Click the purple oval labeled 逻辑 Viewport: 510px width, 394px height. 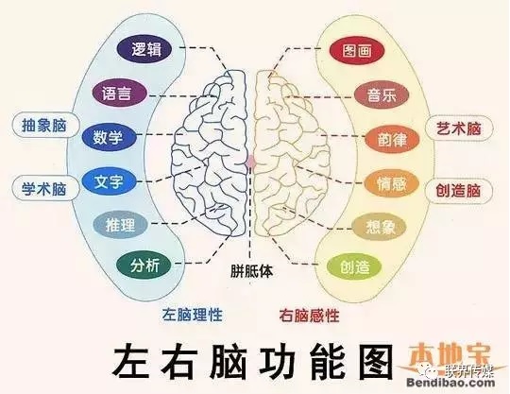pyautogui.click(x=144, y=49)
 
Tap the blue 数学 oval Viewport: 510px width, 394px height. pyautogui.click(x=109, y=138)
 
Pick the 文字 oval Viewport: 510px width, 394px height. pyautogui.click(x=109, y=181)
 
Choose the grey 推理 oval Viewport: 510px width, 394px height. pyautogui.click(x=120, y=225)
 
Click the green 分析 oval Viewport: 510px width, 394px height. pyautogui.click(x=144, y=266)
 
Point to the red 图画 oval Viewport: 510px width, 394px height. pyautogui.click(x=357, y=51)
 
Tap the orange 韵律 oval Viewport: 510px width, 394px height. pyautogui.click(x=392, y=140)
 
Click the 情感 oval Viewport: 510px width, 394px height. pyautogui.click(x=391, y=184)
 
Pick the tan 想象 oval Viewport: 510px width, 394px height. pyautogui.click(x=380, y=227)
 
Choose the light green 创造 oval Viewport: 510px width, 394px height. pyautogui.click(x=354, y=266)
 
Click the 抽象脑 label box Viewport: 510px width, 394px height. pyautogui.click(x=45, y=126)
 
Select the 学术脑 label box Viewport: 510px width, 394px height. pyautogui.click(x=45, y=188)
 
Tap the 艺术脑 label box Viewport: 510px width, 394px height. pyautogui.click(x=459, y=128)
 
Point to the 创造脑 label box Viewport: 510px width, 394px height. pyautogui.click(x=459, y=190)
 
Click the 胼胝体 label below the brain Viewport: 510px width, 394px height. pyautogui.click(x=252, y=270)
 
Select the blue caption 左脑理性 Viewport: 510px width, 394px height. pyautogui.click(x=193, y=315)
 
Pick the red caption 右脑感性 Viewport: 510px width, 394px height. pyautogui.click(x=309, y=316)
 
